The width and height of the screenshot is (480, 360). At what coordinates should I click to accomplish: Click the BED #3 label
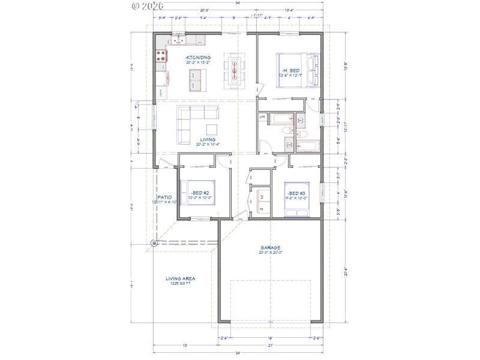coord(296,193)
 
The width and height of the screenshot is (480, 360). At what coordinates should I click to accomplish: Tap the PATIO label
coord(164,197)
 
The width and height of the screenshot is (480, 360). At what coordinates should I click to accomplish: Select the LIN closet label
coord(262,116)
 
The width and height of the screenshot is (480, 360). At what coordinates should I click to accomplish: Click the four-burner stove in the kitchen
coord(161,56)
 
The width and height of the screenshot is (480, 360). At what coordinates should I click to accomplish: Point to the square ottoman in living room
coord(212,130)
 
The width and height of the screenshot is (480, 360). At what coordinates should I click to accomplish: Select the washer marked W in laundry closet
coord(262,196)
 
